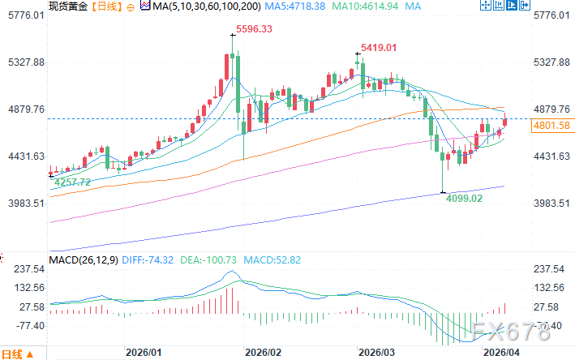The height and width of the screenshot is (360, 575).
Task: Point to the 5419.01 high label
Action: (378, 48)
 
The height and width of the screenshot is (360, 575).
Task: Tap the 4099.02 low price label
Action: (466, 198)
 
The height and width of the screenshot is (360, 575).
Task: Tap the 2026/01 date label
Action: (144, 354)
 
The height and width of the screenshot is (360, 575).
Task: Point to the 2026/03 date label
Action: (377, 354)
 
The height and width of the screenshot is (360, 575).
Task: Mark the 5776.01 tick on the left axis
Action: (24, 15)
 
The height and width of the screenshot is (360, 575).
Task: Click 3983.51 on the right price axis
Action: (551, 204)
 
